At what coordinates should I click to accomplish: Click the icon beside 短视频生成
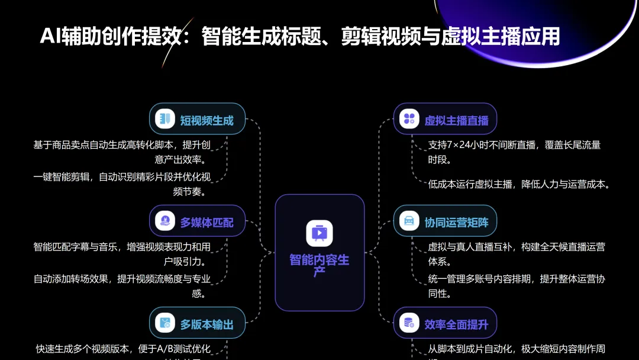(x=165, y=118)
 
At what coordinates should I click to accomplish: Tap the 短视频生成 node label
(x=206, y=120)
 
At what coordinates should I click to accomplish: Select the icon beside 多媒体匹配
(x=165, y=221)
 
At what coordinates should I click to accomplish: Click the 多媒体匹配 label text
(x=206, y=223)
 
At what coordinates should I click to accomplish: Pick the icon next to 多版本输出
(x=165, y=323)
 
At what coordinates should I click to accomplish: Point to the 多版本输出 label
(x=206, y=324)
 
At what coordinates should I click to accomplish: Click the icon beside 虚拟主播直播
(x=409, y=118)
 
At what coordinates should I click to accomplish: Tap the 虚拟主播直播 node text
(x=456, y=120)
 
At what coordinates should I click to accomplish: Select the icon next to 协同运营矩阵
(x=409, y=221)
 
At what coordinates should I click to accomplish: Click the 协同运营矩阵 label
(x=456, y=223)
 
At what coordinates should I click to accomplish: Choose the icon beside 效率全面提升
(x=409, y=323)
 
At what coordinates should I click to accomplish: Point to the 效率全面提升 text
(x=456, y=324)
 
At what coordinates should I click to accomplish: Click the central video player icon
(x=319, y=233)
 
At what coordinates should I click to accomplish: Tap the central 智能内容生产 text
(x=319, y=265)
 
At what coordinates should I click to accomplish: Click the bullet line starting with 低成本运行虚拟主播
(x=519, y=184)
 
